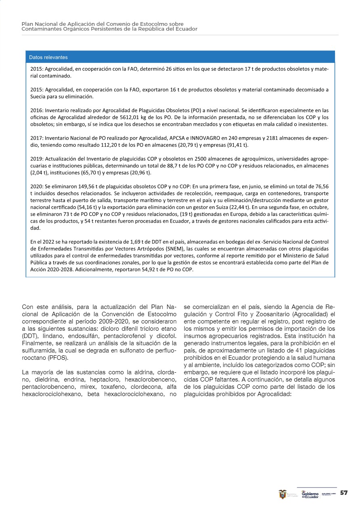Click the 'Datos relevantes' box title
tap(48, 57)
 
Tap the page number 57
tap(344, 493)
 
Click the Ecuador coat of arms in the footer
tap(283, 494)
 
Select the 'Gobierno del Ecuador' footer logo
tap(310, 494)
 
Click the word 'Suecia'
tap(38, 97)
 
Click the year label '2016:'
tap(37, 110)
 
